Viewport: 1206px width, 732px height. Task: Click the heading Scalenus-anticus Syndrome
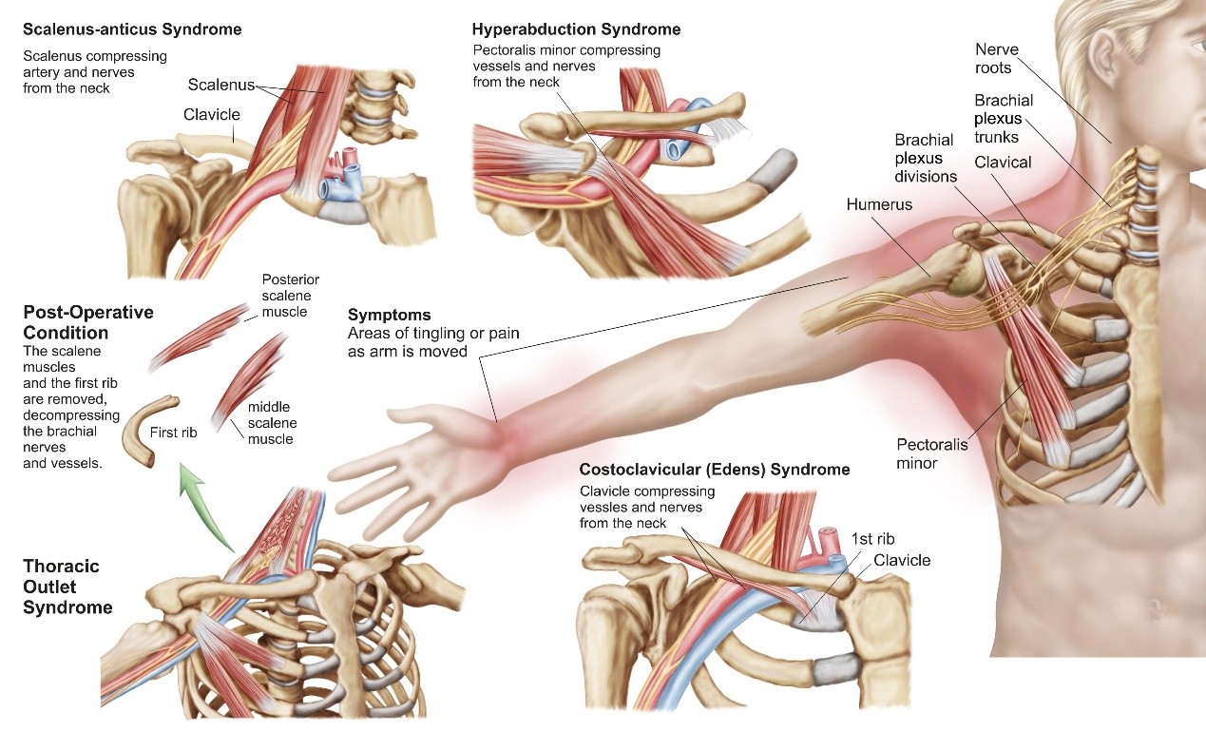tap(132, 29)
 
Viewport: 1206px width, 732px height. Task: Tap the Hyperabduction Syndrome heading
tap(576, 29)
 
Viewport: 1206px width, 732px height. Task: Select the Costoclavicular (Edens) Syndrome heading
tap(714, 470)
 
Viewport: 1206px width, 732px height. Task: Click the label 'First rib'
tap(174, 432)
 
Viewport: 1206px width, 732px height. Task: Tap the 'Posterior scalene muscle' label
tap(290, 295)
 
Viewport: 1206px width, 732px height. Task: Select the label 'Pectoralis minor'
tap(930, 453)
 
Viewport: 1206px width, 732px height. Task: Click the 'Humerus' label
tap(880, 204)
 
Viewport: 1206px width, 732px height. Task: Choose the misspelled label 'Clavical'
tap(1003, 163)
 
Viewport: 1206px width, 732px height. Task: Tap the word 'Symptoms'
tap(389, 315)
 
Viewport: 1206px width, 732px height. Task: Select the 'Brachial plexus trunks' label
tap(1004, 119)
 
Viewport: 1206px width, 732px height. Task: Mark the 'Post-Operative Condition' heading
tap(87, 322)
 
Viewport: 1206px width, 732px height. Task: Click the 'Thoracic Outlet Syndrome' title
tap(67, 587)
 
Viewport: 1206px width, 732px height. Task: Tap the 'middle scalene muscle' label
tap(272, 423)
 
